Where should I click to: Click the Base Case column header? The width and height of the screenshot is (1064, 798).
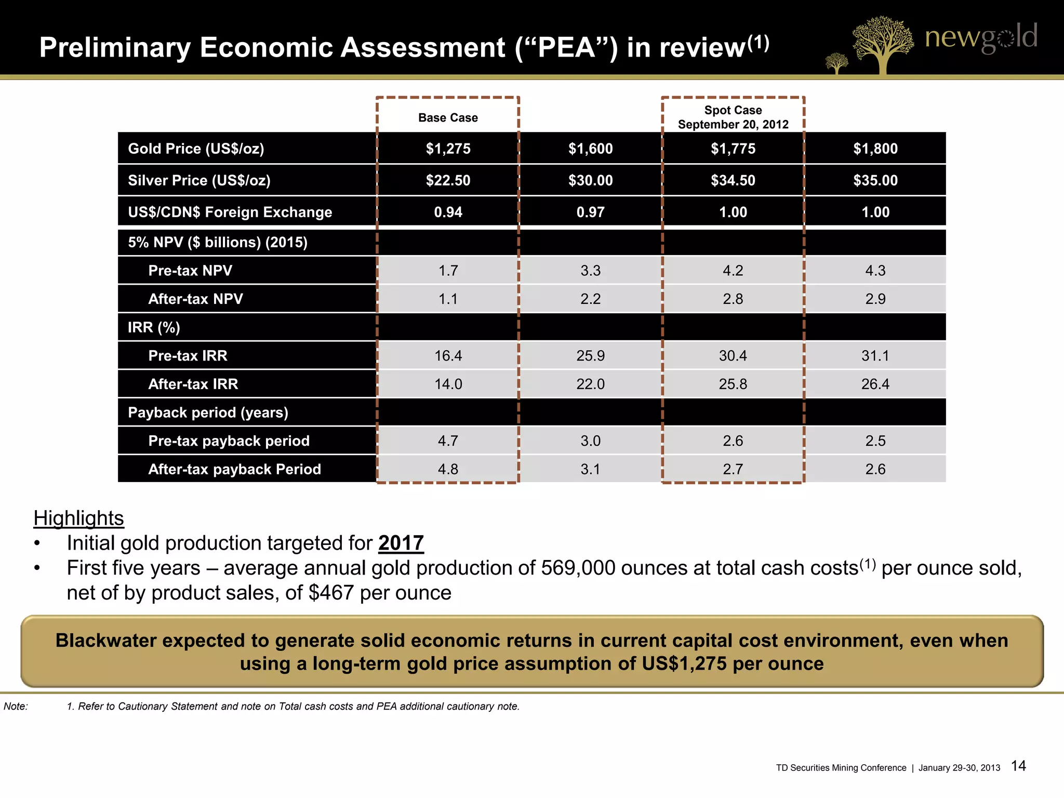tap(448, 118)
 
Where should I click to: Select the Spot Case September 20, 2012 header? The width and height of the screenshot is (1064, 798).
tap(733, 117)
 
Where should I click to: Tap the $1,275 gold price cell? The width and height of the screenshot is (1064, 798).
tap(448, 149)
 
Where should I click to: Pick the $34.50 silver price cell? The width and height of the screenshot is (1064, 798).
tap(733, 180)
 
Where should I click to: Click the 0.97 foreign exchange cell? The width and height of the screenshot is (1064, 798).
tap(590, 212)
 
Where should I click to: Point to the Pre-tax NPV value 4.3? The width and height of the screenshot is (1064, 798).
tap(875, 271)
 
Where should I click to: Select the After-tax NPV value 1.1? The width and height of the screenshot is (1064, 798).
tap(448, 299)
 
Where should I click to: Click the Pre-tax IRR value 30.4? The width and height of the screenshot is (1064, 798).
tap(733, 356)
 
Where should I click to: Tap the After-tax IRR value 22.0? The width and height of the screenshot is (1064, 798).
tap(590, 384)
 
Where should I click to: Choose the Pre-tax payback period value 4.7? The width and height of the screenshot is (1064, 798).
tap(448, 441)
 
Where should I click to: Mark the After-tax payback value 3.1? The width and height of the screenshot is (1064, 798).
tap(590, 470)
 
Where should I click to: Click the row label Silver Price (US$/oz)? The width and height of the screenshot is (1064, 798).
tap(199, 180)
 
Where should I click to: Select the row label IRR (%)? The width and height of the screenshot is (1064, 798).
tap(154, 328)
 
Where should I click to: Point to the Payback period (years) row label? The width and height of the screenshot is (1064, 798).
tap(208, 413)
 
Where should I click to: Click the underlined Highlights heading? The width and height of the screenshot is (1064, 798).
tap(78, 518)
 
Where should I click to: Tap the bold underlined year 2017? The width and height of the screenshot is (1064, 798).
tap(401, 543)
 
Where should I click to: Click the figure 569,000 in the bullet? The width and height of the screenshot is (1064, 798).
tap(578, 568)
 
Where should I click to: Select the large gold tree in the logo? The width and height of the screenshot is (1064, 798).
tap(882, 44)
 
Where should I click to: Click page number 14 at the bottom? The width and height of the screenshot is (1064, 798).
tap(1018, 766)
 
